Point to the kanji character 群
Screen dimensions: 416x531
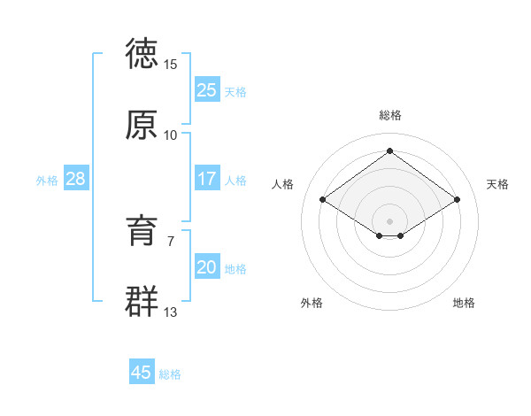142,301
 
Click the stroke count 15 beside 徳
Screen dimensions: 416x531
171,65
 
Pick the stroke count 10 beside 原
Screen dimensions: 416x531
171,135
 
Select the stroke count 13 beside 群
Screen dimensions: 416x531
171,312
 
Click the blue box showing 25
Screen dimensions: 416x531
206,90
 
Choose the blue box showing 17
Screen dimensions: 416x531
206,179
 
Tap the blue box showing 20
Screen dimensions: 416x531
206,267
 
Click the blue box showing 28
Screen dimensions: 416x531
75,179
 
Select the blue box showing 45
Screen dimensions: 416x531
142,373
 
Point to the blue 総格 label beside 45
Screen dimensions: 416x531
170,374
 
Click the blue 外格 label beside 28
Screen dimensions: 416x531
47,181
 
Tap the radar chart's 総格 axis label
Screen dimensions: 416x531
390,115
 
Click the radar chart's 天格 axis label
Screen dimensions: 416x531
497,184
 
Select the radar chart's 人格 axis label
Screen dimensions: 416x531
283,184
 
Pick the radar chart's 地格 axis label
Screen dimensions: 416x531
464,303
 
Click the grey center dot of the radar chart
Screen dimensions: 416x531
390,220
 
